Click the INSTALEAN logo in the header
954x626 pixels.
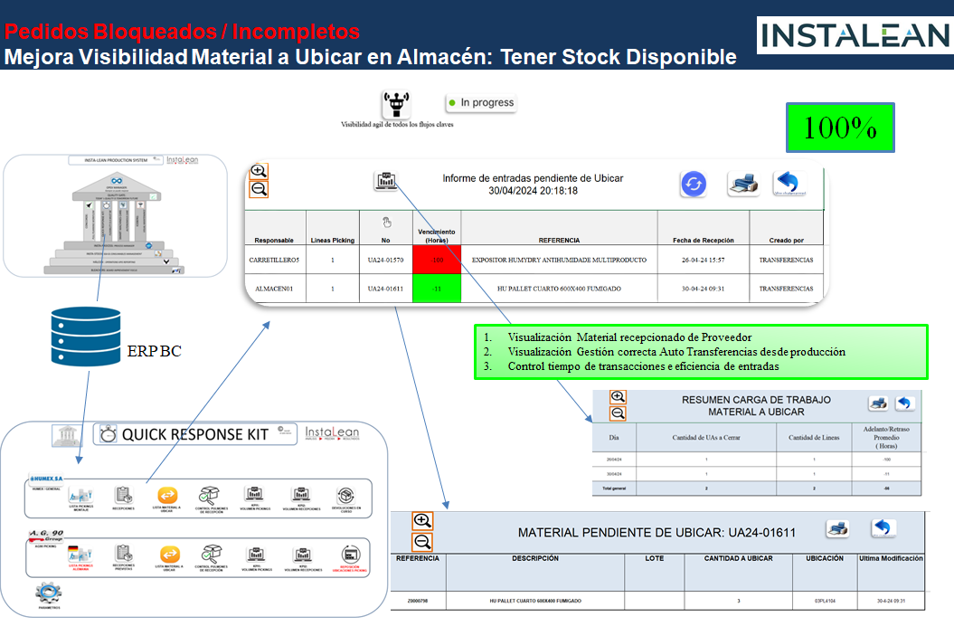point(853,34)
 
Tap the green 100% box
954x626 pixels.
point(840,128)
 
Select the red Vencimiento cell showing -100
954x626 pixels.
point(437,261)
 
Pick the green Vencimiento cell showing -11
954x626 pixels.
point(437,289)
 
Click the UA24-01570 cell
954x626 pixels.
point(385,261)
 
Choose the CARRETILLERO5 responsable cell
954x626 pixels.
point(274,261)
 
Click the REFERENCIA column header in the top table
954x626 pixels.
point(559,241)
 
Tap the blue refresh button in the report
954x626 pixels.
point(694,184)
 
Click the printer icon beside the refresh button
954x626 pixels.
point(742,185)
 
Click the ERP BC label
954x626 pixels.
point(154,350)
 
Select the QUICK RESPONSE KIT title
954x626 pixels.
point(194,434)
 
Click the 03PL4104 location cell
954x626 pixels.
point(824,601)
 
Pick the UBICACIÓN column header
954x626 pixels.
point(824,558)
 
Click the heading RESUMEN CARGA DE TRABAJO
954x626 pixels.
point(756,399)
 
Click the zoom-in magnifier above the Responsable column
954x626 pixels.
point(259,171)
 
